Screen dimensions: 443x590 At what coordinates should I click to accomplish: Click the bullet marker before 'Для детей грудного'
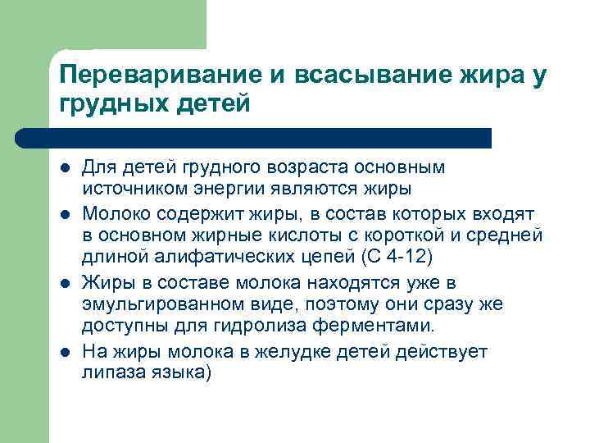point(65,169)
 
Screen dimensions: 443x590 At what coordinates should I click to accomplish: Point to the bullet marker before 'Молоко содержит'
point(65,215)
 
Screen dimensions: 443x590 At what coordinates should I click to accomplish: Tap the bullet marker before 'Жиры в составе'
point(65,284)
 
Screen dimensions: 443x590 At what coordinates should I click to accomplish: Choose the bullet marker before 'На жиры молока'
point(65,353)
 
